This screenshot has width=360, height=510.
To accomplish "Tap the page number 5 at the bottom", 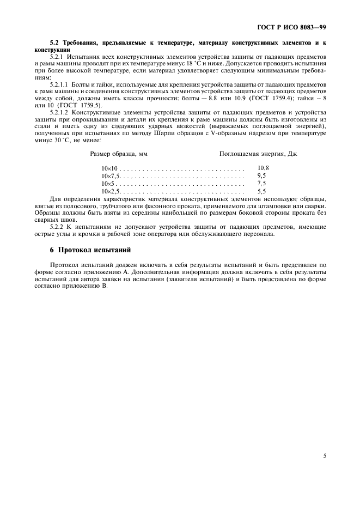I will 325,440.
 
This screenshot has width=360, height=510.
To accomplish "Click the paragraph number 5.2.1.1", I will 61,85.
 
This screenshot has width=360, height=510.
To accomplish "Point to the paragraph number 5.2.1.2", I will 61,111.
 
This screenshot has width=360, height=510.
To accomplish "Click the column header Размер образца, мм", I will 119,154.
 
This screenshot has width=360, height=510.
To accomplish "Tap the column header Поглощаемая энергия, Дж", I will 258,154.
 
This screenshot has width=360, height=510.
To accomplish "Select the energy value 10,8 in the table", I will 263,168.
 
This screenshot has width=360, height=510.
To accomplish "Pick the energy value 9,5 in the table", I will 261,177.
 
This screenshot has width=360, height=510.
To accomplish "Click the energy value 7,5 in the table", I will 261,184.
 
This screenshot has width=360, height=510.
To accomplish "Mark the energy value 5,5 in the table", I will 261,192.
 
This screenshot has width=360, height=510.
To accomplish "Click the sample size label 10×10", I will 109,168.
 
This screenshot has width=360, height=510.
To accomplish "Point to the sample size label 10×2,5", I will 111,192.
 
